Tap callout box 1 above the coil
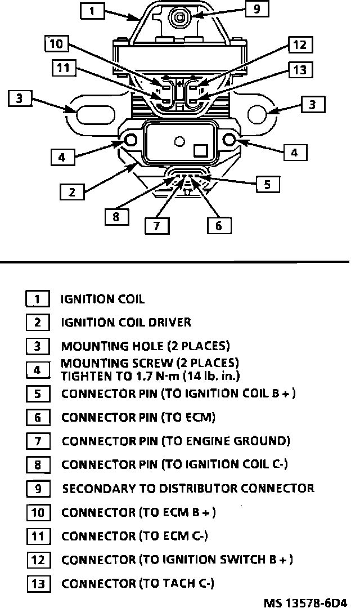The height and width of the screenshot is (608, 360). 92,11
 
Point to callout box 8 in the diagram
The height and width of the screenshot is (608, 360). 116,217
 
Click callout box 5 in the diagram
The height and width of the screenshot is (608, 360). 267,184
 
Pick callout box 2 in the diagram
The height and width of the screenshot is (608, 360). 72,192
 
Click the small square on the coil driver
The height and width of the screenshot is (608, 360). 200,150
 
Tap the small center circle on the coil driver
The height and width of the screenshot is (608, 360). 179,141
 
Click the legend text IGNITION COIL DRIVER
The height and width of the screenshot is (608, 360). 126,323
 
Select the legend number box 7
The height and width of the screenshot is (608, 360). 37,441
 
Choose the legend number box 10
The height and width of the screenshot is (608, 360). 37,513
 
